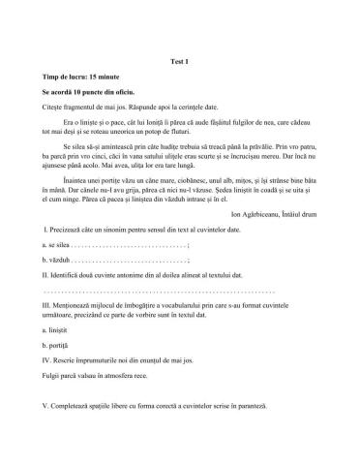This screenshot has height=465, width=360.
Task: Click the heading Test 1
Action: point(179,58)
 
